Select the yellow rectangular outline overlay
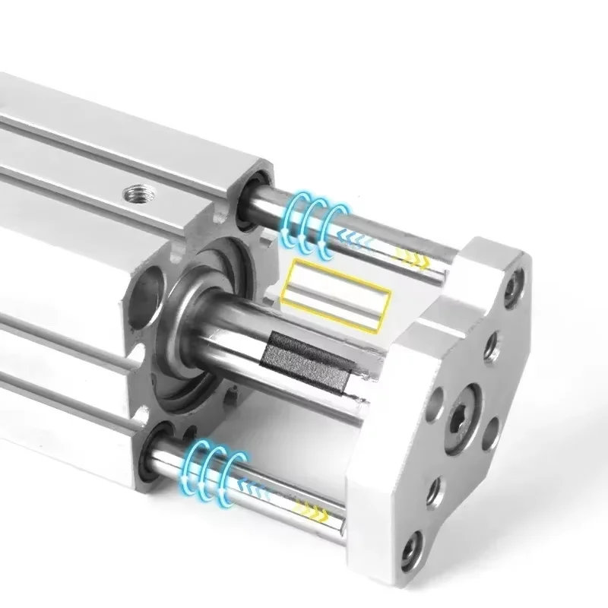335,294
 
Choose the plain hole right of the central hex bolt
491,432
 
